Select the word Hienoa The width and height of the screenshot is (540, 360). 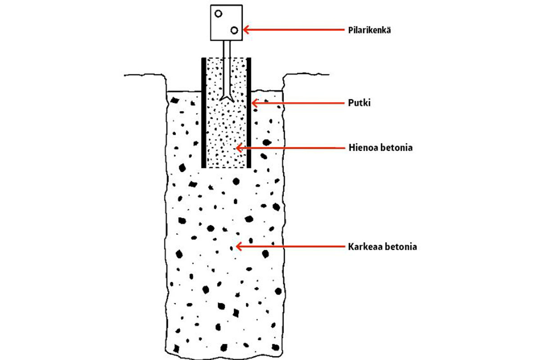coord(360,148)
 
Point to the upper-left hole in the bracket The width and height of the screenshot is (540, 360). coord(218,13)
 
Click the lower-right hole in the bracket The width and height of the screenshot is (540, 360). coord(234,30)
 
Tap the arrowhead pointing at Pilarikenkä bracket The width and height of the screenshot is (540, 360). coord(245,30)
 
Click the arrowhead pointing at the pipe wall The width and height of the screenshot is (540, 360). coord(253,103)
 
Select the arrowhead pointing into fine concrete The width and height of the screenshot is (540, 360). coord(238,148)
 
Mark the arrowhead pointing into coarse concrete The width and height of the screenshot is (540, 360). coord(238,247)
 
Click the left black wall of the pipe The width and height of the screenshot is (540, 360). coord(203,112)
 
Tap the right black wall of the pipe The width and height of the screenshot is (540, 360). coord(249,112)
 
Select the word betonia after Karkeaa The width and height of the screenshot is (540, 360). coord(400,247)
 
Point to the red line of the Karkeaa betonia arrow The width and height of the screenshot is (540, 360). coord(292,247)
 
